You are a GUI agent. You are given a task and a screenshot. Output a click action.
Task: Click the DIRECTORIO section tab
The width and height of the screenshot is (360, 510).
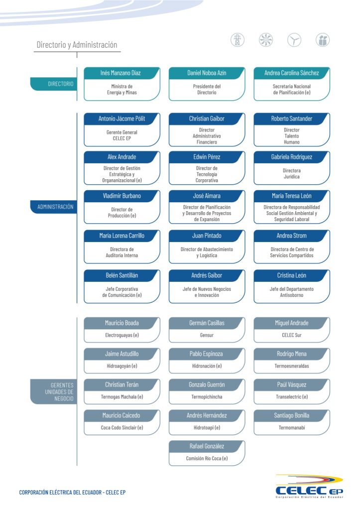54,84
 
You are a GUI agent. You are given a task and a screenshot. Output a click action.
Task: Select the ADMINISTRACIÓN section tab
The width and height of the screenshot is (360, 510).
54,207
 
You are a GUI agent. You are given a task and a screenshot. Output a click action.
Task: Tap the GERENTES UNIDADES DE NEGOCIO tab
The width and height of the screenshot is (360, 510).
54,391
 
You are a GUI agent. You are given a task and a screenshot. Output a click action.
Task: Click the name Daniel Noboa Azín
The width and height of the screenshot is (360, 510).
207,73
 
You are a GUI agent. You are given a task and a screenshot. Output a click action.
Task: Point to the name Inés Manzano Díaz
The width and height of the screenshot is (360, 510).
120,73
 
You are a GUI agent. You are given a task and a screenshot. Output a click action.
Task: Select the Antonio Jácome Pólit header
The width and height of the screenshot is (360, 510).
121,119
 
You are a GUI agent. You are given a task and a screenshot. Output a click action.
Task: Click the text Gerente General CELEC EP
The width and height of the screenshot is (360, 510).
121,135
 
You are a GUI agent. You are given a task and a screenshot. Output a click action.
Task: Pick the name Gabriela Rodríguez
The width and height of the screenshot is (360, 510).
291,157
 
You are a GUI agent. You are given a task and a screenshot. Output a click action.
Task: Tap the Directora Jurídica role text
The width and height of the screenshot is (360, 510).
291,174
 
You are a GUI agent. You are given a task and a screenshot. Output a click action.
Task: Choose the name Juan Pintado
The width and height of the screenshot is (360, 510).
207,236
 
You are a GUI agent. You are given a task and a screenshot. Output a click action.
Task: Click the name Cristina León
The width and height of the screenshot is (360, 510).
291,275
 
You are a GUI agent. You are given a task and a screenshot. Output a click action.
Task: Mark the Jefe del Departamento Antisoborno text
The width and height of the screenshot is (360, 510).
291,292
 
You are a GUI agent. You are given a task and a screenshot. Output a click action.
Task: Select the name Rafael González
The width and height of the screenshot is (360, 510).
207,446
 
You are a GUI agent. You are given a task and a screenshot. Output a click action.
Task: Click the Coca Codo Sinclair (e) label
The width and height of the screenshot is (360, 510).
121,428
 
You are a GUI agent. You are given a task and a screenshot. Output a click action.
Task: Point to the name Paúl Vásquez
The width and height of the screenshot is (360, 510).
291,385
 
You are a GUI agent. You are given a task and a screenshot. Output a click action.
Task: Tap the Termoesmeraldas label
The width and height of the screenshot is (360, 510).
291,366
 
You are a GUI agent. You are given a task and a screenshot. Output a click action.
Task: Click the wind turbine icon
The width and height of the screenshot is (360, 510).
294,40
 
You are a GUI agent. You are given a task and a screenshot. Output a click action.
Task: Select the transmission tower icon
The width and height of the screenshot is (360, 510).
238,40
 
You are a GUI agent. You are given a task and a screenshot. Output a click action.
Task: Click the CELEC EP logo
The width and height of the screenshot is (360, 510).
309,487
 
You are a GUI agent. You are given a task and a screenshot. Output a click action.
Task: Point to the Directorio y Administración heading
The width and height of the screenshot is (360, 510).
77,45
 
